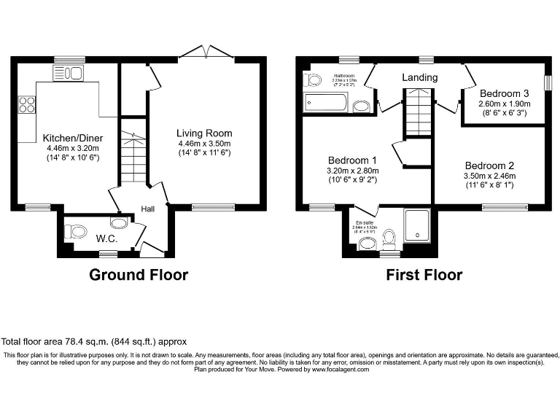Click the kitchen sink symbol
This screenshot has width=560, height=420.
tap(69, 72)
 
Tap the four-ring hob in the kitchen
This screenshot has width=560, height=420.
tap(27, 105)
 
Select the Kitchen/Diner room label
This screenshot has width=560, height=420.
tap(72, 138)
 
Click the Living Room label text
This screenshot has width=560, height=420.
tap(204, 133)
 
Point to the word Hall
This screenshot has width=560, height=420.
tap(148, 209)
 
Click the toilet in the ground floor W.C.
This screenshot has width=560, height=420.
tap(75, 232)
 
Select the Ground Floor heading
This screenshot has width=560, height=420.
tap(139, 275)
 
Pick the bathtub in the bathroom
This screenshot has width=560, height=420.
tap(326, 103)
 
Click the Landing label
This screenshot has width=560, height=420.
tap(420, 77)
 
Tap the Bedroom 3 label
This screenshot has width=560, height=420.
tap(505, 94)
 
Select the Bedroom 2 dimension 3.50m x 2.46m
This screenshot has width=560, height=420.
tap(490, 176)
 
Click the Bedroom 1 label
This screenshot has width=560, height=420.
tap(352, 160)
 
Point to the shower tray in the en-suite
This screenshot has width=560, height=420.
tap(417, 223)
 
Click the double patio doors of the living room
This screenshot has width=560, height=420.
tap(206, 51)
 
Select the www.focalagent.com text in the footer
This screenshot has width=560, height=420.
tap(341, 370)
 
